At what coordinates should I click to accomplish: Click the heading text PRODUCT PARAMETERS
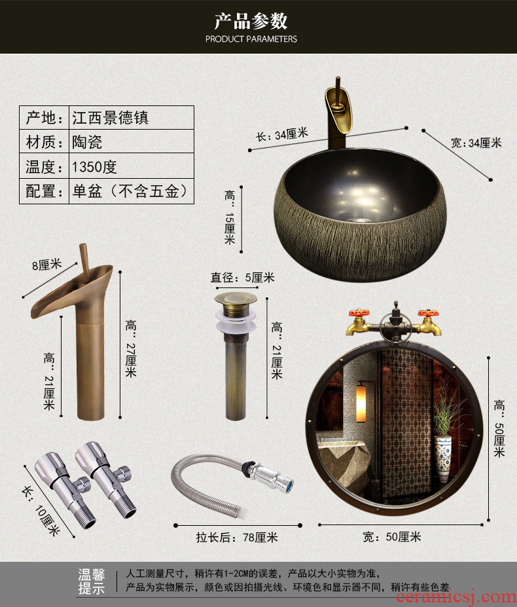click(251, 39)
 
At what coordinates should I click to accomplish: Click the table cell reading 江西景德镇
click(111, 118)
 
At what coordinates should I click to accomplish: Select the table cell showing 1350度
click(94, 167)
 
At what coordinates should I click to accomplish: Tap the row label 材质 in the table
click(44, 142)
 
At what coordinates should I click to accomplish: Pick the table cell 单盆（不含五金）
click(130, 191)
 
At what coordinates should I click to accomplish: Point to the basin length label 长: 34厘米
click(281, 135)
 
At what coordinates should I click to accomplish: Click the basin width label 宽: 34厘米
click(476, 143)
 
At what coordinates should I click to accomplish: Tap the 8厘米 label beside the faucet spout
click(47, 265)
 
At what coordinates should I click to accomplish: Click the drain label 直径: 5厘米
click(242, 278)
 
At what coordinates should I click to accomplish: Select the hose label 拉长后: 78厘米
click(237, 538)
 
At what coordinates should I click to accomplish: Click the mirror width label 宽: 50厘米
click(391, 536)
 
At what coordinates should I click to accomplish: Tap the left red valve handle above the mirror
click(359, 313)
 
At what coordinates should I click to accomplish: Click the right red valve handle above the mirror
click(428, 313)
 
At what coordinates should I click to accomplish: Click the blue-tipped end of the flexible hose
click(289, 484)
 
